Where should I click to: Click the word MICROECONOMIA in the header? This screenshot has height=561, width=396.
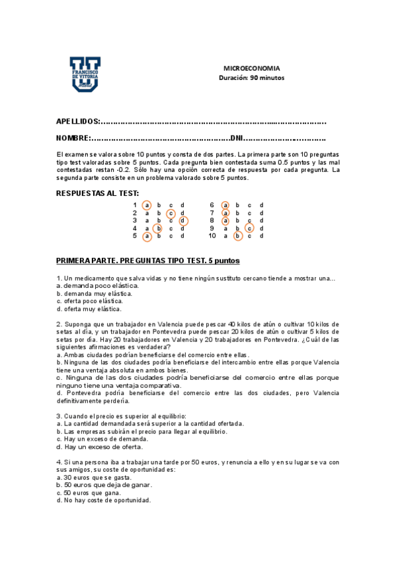251,68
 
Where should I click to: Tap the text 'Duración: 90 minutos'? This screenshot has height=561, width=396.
251,77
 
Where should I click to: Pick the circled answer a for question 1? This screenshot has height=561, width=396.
147,205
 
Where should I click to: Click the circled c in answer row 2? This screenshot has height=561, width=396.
171,213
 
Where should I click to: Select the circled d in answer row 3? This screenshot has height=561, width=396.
182,221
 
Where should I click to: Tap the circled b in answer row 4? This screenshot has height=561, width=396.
159,228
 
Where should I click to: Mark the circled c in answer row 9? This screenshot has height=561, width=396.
249,228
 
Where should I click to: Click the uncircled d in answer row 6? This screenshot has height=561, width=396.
261,205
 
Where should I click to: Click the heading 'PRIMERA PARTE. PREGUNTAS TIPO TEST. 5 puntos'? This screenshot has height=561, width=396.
148,261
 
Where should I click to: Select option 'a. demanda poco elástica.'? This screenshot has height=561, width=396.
98,285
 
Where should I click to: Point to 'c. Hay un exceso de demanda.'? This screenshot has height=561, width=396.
102,439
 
